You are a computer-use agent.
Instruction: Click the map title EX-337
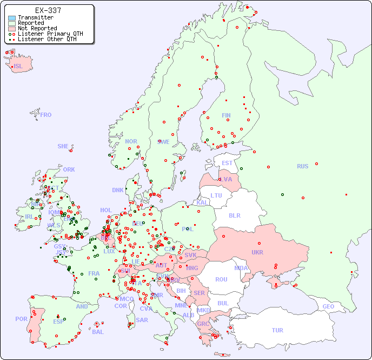[x=48, y=10]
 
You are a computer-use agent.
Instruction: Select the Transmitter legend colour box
[x=12, y=18]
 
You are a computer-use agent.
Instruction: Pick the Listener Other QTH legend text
[x=50, y=39]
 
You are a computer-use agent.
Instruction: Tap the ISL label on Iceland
[x=18, y=67]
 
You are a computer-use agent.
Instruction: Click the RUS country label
[x=302, y=166]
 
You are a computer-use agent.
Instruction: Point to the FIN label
[x=226, y=115]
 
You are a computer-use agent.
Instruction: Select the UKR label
[x=257, y=252]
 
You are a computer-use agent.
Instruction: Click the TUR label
[x=277, y=330]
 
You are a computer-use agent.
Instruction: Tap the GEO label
[x=328, y=306]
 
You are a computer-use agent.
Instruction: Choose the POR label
[x=21, y=319]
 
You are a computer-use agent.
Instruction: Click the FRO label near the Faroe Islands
[x=45, y=115]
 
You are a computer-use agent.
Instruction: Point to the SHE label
[x=63, y=146]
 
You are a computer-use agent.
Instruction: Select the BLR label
[x=235, y=215]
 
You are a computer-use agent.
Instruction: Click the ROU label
[x=221, y=279]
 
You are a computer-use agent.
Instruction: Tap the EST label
[x=227, y=163]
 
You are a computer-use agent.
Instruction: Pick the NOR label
[x=131, y=141]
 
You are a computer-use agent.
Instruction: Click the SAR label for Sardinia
[x=142, y=320]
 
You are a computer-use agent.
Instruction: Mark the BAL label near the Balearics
[x=97, y=332]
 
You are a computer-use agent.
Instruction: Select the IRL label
[x=29, y=217]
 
